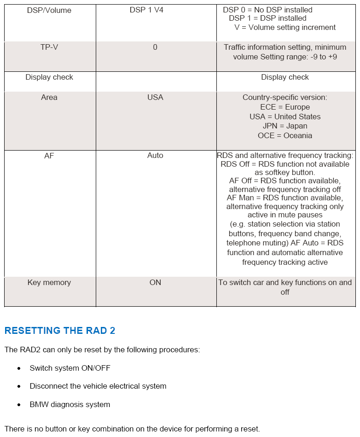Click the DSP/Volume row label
(x=49, y=10)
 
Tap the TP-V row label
(x=49, y=47)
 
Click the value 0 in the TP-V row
(x=155, y=47)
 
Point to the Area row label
(x=49, y=98)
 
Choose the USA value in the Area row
(x=155, y=98)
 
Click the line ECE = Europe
(x=285, y=107)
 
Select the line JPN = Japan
(x=285, y=126)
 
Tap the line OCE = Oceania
(x=285, y=136)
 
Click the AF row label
(x=49, y=156)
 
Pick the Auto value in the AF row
(x=155, y=156)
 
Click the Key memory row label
(x=49, y=283)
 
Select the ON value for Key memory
(x=155, y=283)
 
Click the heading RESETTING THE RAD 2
(x=60, y=331)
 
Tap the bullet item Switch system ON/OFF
(x=70, y=368)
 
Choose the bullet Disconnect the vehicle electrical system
(x=98, y=386)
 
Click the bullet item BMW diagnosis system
(x=70, y=405)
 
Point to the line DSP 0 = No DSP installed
(x=267, y=10)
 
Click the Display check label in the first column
(x=49, y=77)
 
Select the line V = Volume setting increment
(x=285, y=28)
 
